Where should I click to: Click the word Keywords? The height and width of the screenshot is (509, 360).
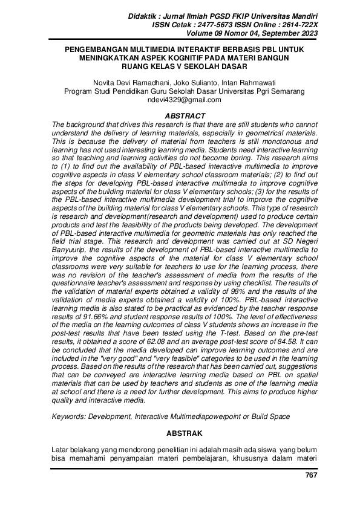[x=68, y=417]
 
